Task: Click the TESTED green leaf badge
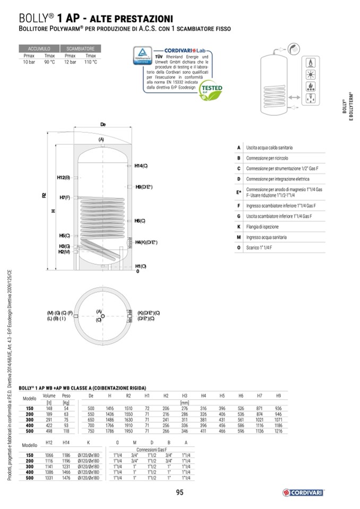click(214, 90)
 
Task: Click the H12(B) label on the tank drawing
click(63, 177)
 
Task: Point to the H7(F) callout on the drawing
click(65, 197)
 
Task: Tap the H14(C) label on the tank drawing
click(141, 166)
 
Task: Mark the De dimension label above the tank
click(103, 125)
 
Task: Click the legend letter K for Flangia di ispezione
click(239, 227)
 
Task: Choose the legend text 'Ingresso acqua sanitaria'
click(270, 237)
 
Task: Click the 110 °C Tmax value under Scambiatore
click(91, 62)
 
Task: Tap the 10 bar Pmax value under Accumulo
click(29, 62)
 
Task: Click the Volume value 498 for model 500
click(49, 432)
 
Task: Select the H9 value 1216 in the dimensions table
click(278, 432)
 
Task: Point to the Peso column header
click(66, 396)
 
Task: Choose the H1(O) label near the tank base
click(140, 266)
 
